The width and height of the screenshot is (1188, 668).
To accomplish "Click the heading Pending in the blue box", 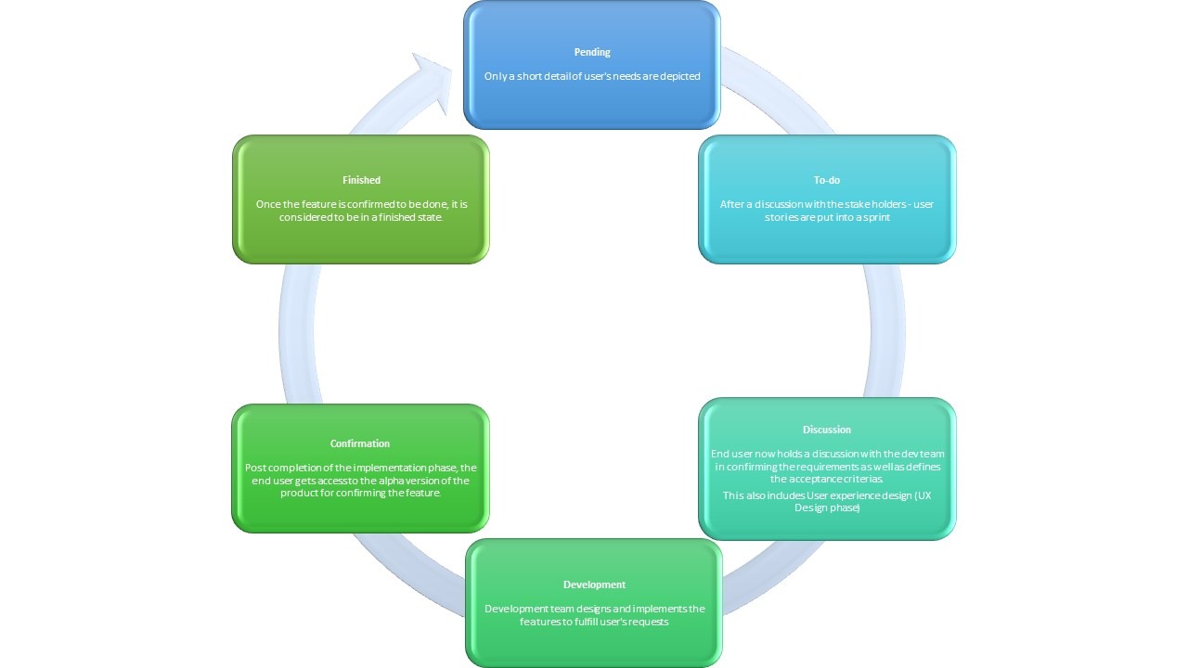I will click(x=592, y=52).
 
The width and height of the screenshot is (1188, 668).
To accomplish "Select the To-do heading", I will click(x=826, y=180).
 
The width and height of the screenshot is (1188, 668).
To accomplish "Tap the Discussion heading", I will click(x=826, y=430).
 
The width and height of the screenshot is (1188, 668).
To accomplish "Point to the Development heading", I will click(x=594, y=584).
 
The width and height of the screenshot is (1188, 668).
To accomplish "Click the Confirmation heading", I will click(x=360, y=443).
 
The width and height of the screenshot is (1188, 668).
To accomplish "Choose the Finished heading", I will click(x=361, y=180).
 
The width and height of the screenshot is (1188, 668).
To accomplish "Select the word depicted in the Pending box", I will click(x=678, y=76).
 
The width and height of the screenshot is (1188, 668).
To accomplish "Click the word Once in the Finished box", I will click(x=268, y=204).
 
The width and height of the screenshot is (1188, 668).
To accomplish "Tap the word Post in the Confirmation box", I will click(x=255, y=468).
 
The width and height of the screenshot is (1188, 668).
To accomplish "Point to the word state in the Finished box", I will click(x=428, y=217).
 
